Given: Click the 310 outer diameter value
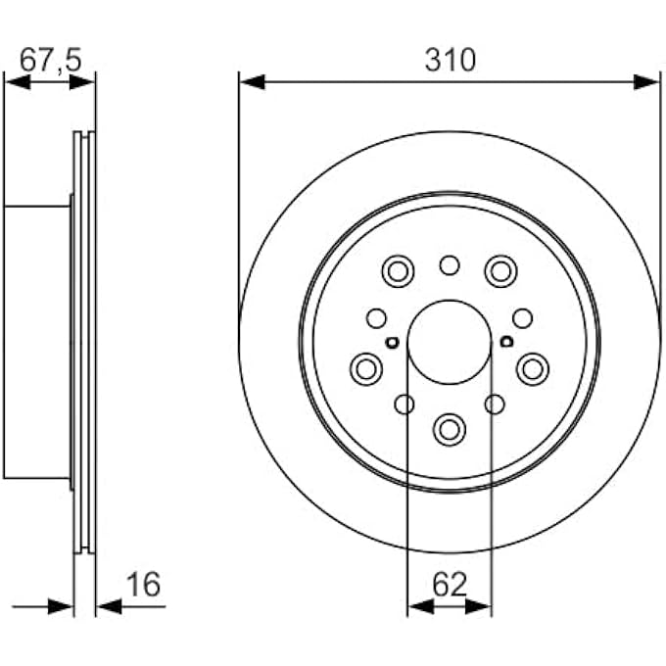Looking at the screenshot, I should tap(450, 60).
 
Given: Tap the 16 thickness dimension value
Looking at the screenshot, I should tap(143, 585).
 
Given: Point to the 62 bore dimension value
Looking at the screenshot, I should tap(450, 585).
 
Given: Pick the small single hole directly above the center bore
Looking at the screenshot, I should tap(450, 264).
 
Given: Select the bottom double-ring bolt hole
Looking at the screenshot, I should tap(450, 427).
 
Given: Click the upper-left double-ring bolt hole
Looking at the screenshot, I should tap(399, 269).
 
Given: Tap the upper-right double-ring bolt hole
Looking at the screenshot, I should tap(500, 269).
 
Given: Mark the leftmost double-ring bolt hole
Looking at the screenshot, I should tap(366, 368).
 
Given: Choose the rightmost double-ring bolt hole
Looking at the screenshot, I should tap(533, 368).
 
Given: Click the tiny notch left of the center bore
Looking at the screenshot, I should tap(392, 342).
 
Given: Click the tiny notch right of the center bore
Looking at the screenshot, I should tap(506, 342).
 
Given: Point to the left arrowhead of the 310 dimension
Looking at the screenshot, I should tap(252, 81).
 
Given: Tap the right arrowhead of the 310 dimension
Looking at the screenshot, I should tap(647, 81).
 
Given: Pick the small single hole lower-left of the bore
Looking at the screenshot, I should tap(403, 404).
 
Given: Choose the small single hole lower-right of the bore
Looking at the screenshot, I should tap(496, 404).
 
